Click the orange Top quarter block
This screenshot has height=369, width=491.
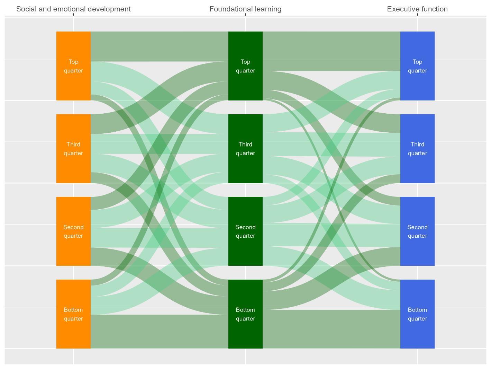pos(73,66)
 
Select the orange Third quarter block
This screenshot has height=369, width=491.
pos(73,148)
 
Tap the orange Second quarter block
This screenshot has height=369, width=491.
pos(73,231)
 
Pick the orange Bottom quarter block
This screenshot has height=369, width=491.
pos(73,314)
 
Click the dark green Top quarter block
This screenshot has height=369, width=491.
pos(245,66)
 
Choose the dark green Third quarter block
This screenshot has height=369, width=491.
pos(245,148)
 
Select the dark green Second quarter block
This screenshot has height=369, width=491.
pos(245,231)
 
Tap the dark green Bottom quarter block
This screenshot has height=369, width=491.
pos(245,314)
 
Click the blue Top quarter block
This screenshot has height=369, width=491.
pos(417,66)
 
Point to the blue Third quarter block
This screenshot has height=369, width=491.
pos(417,148)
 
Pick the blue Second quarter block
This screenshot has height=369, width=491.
pos(417,231)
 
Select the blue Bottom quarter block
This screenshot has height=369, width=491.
pos(417,314)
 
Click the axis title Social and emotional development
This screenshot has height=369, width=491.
pos(73,9)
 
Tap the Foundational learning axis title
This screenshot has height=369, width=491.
pos(245,9)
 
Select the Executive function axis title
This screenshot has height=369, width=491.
pos(417,9)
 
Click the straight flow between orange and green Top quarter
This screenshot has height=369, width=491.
pos(159,46)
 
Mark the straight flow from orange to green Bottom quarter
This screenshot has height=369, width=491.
pos(159,331)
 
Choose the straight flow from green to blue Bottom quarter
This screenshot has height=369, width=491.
pos(331,329)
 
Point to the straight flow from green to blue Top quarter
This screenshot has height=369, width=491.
pos(331,51)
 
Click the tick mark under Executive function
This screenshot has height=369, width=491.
pos(417,15)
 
